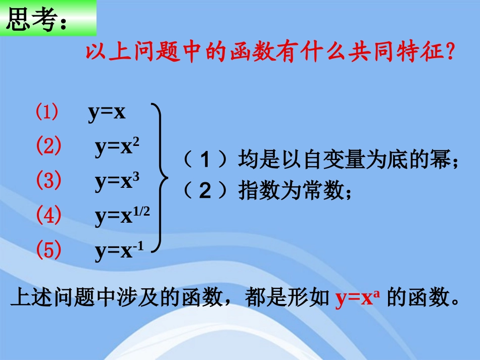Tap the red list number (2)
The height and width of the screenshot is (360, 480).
49,146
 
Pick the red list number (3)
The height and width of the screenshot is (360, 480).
49,181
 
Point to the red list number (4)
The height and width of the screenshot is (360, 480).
49,216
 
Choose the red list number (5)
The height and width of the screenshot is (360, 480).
49,250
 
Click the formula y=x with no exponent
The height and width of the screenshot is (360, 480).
107,113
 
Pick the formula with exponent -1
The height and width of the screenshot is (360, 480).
119,251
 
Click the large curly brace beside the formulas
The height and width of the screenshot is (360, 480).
161,177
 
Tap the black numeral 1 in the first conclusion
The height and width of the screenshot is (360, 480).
205,161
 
